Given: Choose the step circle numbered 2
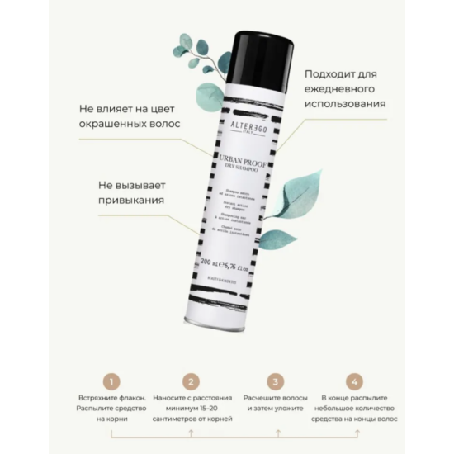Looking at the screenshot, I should tap(192, 382).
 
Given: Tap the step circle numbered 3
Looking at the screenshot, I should tap(274, 382).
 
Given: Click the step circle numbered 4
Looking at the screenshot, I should tap(354, 382).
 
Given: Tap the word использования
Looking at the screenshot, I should tap(345, 105).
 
